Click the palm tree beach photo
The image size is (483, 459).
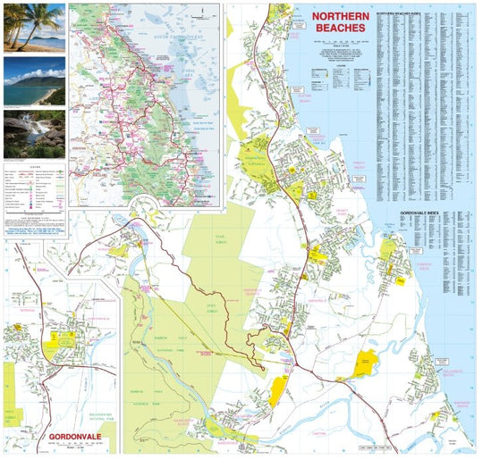point(34,27)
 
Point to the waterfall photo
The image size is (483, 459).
point(34,132)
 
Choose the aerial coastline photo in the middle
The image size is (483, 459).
point(34,81)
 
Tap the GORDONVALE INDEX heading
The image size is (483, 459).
point(419,213)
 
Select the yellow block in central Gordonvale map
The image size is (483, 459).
point(64,340)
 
